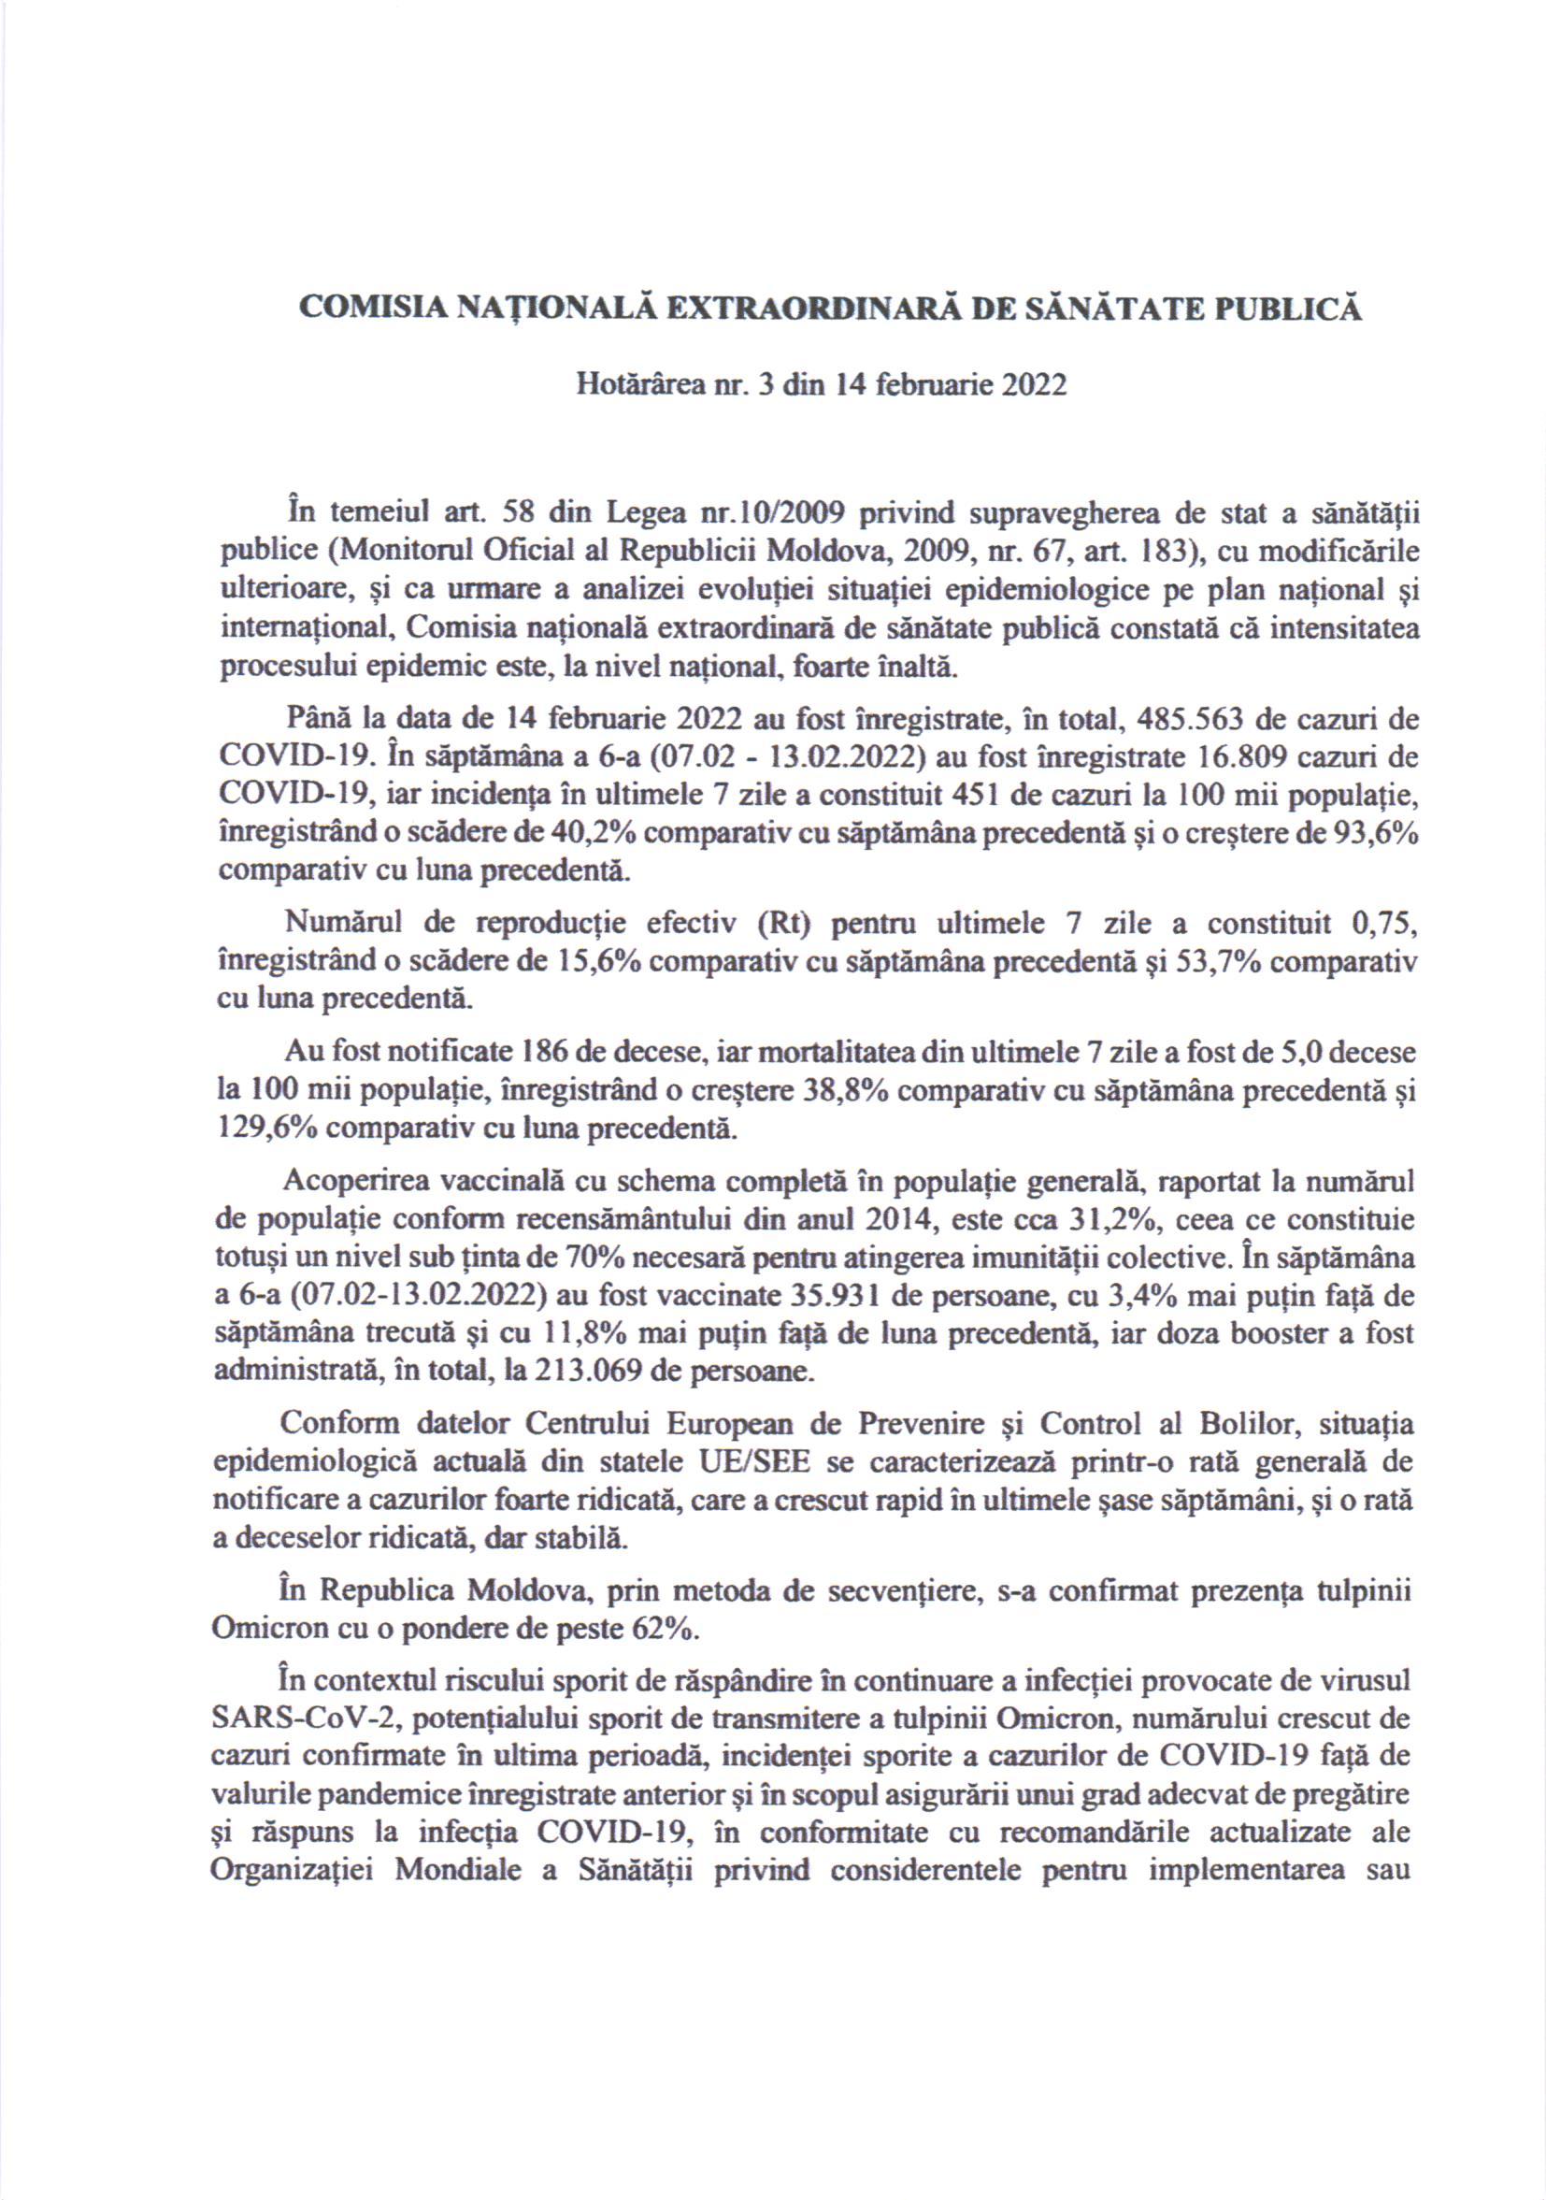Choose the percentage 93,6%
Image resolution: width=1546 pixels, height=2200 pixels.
point(1375,834)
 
